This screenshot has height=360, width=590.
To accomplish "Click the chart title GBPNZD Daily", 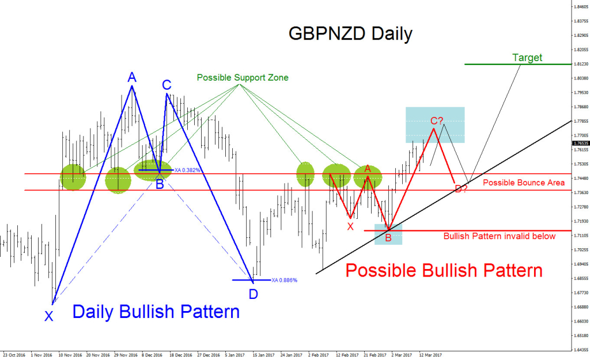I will pos(350,33).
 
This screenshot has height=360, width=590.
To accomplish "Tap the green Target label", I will pos(527,58).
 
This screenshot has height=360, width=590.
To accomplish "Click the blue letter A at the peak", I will pos(132,77).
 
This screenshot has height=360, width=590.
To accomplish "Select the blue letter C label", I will pos(167,85).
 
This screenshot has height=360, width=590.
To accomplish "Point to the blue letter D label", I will pos(254,294).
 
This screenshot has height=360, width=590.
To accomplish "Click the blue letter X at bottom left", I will pos(49,315).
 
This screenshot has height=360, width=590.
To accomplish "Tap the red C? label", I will pos(437,121).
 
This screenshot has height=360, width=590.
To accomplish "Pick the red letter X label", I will pos(350,226).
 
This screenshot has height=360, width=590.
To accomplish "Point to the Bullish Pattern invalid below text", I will pos(500,236).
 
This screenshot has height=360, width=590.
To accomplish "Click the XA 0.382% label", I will pos(187,170).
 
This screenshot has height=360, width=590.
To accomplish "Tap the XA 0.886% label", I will pos(285,280).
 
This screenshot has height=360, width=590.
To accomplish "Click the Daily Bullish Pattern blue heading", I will pos(156,312).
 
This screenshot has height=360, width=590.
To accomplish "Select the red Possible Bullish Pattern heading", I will pos(444,270).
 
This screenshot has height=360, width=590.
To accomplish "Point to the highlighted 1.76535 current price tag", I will pos(580,142).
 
